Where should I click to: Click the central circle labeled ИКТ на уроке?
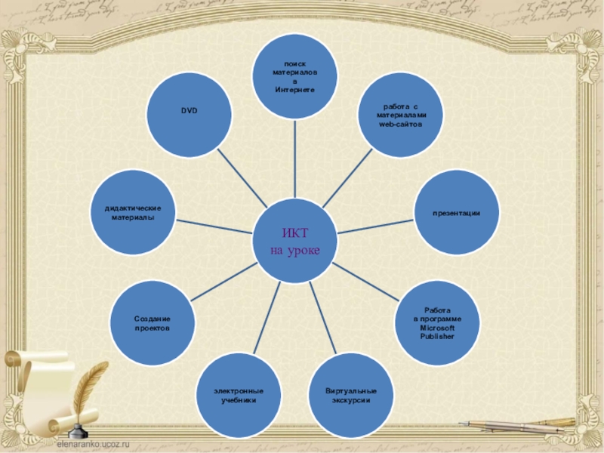pyautogui.click(x=295, y=241)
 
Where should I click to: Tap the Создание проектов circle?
pyautogui.click(x=153, y=323)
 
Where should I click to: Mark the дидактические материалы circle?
pyautogui.click(x=133, y=214)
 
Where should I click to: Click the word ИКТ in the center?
pyautogui.click(x=295, y=233)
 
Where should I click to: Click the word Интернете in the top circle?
pyautogui.click(x=294, y=89)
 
